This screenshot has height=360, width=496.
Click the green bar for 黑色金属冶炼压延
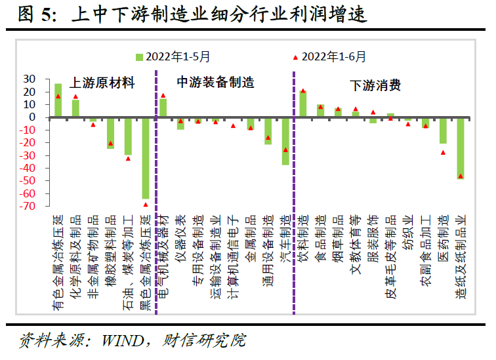[x=146, y=157]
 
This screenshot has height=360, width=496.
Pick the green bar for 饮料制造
[x=303, y=104]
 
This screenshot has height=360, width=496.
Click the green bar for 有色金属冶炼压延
[x=58, y=100]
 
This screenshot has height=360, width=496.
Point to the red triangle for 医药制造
[x=443, y=152]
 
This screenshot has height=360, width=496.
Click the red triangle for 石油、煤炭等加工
[x=129, y=158]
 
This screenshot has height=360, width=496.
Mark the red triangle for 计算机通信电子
[x=233, y=125]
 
